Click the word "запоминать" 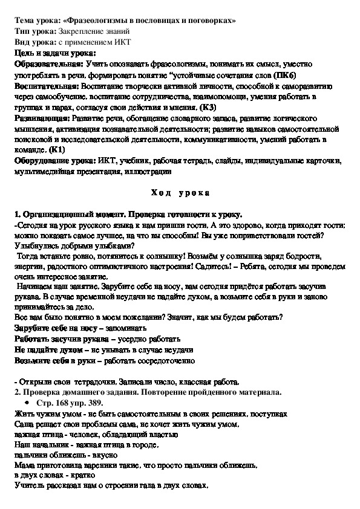coord(126,327)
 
